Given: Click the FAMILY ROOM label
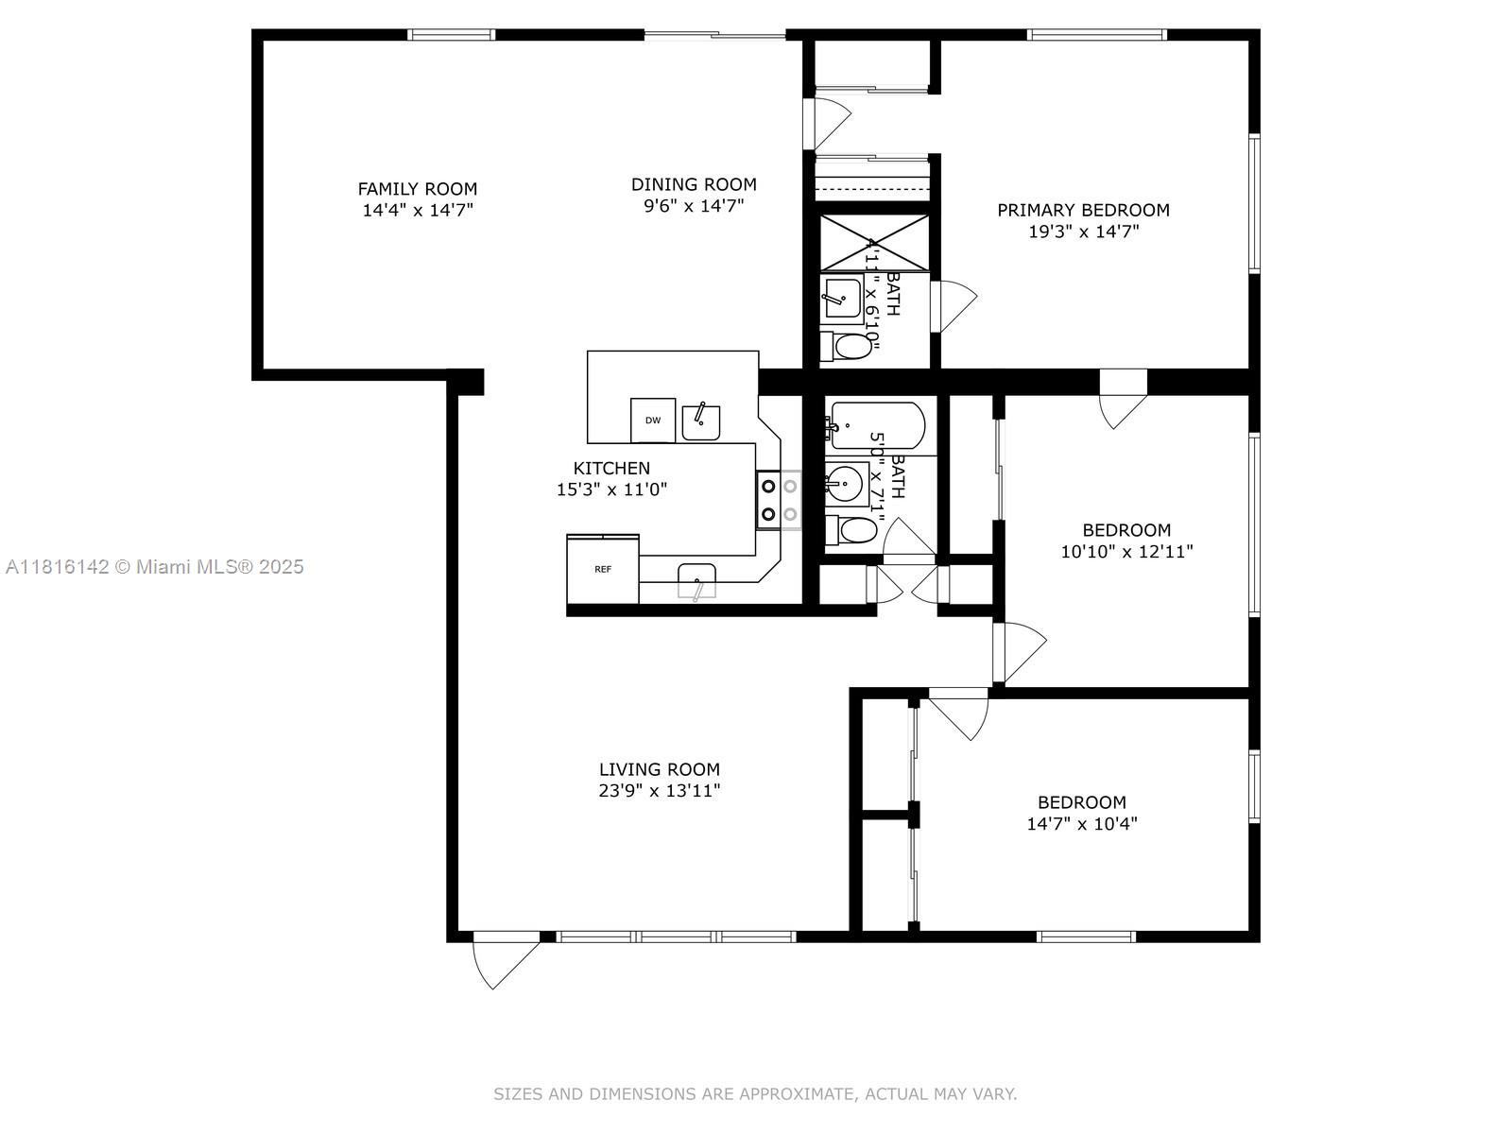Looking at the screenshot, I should (x=417, y=189).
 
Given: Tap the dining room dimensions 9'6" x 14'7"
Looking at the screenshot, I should (x=694, y=206).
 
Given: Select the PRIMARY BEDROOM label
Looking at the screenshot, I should (x=1083, y=210).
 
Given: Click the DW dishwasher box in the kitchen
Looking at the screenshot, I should (x=653, y=421).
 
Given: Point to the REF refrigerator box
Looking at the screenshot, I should (x=603, y=569).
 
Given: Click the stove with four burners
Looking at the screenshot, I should (x=779, y=500).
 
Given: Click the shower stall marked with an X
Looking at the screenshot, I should (x=874, y=244).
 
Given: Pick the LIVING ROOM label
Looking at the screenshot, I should (x=659, y=769).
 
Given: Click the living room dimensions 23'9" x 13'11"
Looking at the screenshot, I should (x=659, y=791).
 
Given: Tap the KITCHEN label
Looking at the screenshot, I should (x=611, y=468).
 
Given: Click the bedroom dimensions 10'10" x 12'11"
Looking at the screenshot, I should (x=1126, y=551).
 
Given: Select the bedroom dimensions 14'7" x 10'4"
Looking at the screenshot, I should (x=1081, y=823).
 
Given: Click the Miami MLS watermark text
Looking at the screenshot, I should (x=155, y=567).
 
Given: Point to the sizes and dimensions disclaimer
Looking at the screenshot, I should (x=755, y=1093).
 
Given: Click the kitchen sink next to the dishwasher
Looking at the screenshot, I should (x=700, y=422).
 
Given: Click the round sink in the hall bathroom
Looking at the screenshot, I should (x=846, y=485).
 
